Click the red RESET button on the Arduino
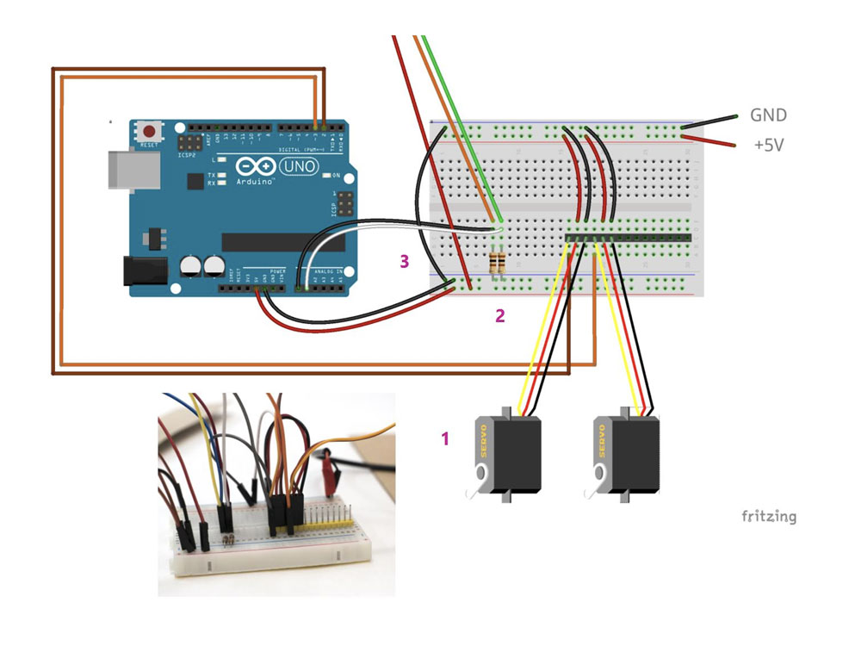click(151, 132)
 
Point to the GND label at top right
click(768, 115)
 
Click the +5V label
click(769, 146)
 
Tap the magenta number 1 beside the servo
click(445, 438)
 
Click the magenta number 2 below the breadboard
click(499, 315)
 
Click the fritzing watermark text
click(769, 517)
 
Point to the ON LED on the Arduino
click(325, 176)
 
